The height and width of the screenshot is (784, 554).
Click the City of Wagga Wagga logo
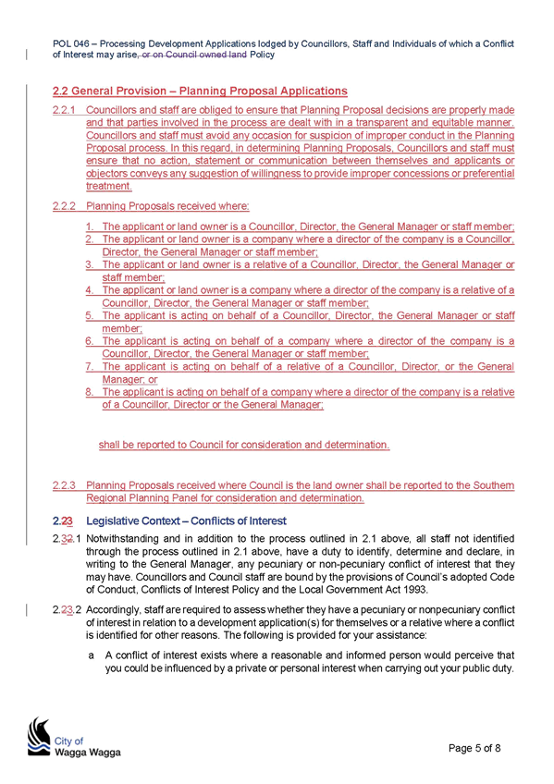(x=74, y=737)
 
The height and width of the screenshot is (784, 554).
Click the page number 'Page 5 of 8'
(x=474, y=748)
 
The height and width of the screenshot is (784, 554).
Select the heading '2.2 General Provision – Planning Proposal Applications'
(x=200, y=91)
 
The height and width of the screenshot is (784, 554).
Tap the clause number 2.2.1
(x=64, y=110)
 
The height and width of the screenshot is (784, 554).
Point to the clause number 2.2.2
(x=64, y=206)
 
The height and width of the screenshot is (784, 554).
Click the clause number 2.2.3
(x=64, y=485)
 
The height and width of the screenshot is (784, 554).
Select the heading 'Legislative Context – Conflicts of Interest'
(x=186, y=521)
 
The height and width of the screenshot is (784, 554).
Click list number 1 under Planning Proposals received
(x=90, y=227)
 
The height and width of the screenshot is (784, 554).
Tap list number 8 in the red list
(x=90, y=392)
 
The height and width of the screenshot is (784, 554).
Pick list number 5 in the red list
(x=90, y=315)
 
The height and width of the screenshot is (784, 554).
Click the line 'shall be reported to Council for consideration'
(x=244, y=445)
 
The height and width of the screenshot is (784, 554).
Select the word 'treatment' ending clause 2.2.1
(x=109, y=186)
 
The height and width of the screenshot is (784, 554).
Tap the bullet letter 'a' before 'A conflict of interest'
(x=91, y=655)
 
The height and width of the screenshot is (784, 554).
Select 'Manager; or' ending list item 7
(x=130, y=379)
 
